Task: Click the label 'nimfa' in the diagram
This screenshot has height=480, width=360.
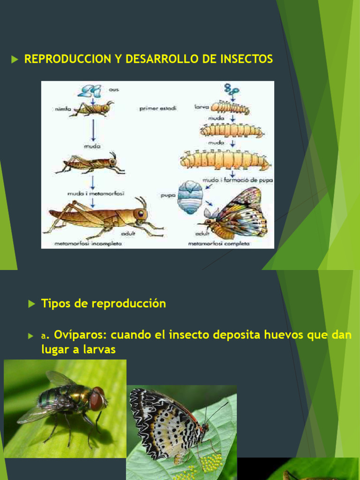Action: coord(60,108)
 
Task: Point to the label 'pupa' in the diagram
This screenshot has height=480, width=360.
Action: coord(168,195)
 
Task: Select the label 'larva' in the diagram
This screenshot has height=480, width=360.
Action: coord(201,107)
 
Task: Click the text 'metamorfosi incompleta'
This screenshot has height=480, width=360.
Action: coord(88,243)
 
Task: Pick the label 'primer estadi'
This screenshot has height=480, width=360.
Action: coord(157,108)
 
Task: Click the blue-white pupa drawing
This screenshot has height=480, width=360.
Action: coord(190,197)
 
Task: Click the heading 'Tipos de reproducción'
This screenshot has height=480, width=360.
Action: coord(104,303)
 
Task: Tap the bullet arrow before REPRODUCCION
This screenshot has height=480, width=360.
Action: coord(15,60)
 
